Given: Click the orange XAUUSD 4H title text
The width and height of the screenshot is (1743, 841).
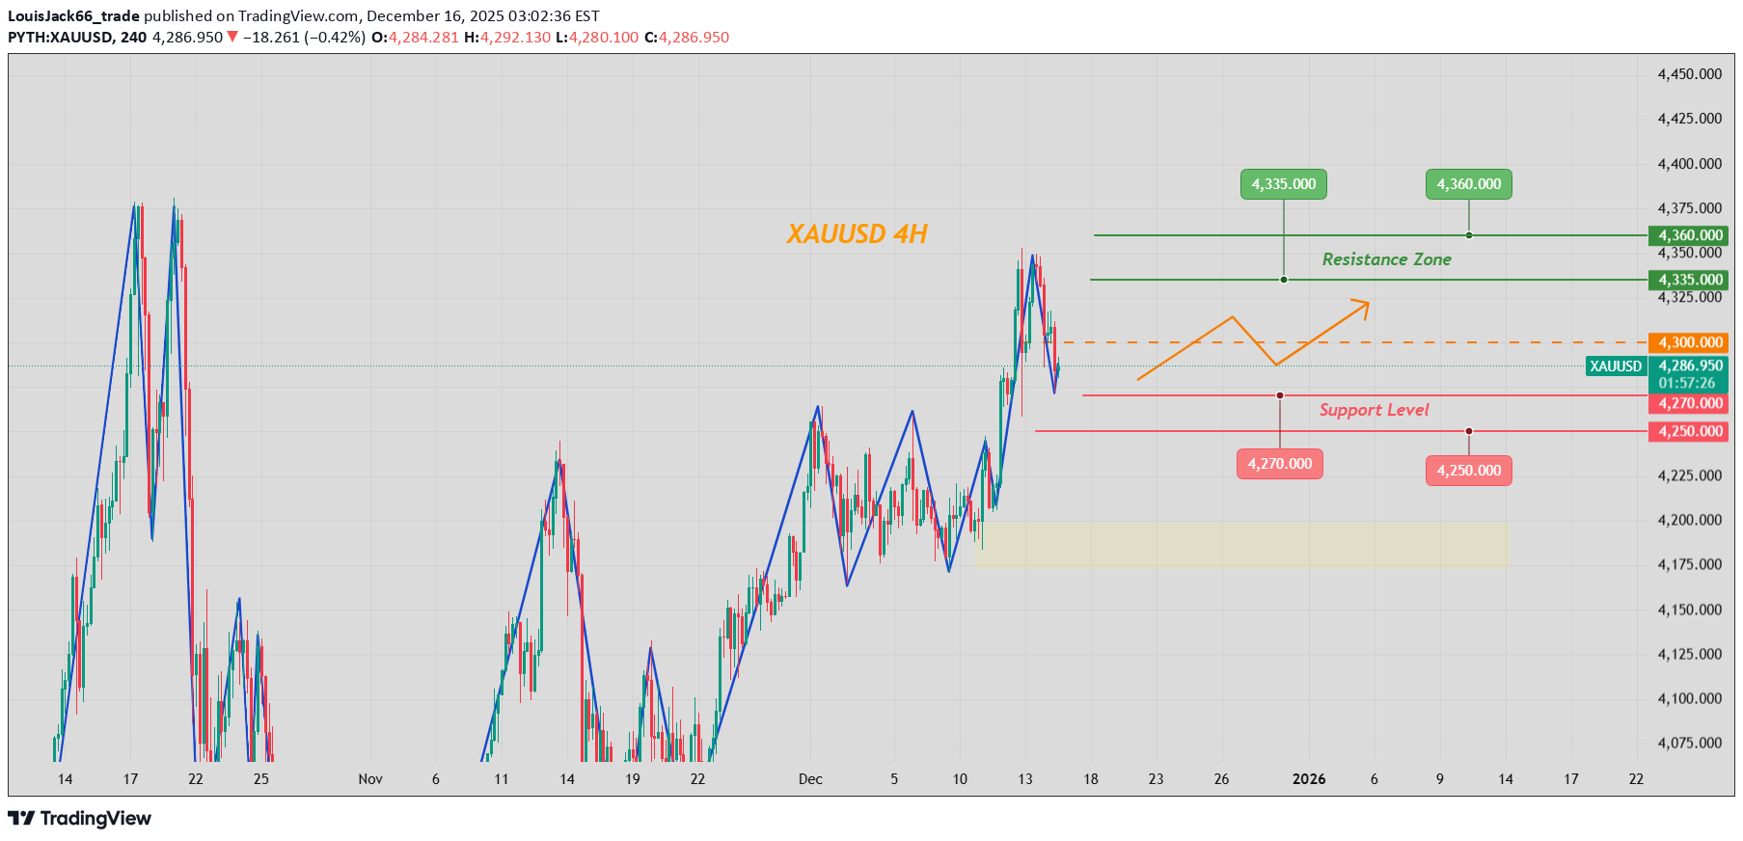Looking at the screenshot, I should (857, 234).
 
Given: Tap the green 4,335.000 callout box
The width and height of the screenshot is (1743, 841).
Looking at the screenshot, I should (1283, 184).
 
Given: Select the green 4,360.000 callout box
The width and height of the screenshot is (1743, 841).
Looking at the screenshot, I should (1468, 184).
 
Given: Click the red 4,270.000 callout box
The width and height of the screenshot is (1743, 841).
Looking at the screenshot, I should (1279, 464).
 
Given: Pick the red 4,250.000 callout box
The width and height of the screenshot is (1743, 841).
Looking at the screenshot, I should (1468, 471).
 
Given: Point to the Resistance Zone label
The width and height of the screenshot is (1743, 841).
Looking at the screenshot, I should (1386, 259).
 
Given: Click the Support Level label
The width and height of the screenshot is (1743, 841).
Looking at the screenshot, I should (1374, 410).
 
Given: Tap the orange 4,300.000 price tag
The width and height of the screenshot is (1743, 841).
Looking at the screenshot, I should (1690, 342).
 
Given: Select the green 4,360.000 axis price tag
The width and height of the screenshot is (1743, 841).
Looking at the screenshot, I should (1690, 235).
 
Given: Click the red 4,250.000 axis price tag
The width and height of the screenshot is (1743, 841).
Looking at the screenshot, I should (1690, 431).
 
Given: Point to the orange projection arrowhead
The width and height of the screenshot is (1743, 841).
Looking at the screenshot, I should (1362, 307).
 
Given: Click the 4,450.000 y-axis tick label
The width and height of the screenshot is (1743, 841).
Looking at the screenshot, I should (1689, 74).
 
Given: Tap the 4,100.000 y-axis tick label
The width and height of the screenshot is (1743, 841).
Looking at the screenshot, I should (1689, 698).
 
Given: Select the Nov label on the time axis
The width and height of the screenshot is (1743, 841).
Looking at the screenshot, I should (370, 779).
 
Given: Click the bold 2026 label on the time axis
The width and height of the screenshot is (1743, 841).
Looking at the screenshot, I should (1309, 779).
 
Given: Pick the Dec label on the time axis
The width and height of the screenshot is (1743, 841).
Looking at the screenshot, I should (810, 779).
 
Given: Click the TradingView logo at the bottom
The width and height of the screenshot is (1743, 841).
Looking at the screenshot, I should (80, 819).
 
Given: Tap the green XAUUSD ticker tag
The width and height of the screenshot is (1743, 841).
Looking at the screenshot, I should (1616, 366).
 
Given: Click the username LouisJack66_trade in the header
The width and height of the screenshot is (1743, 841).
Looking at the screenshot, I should (73, 16).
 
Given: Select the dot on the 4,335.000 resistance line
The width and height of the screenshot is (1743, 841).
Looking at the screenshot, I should (1284, 280).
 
